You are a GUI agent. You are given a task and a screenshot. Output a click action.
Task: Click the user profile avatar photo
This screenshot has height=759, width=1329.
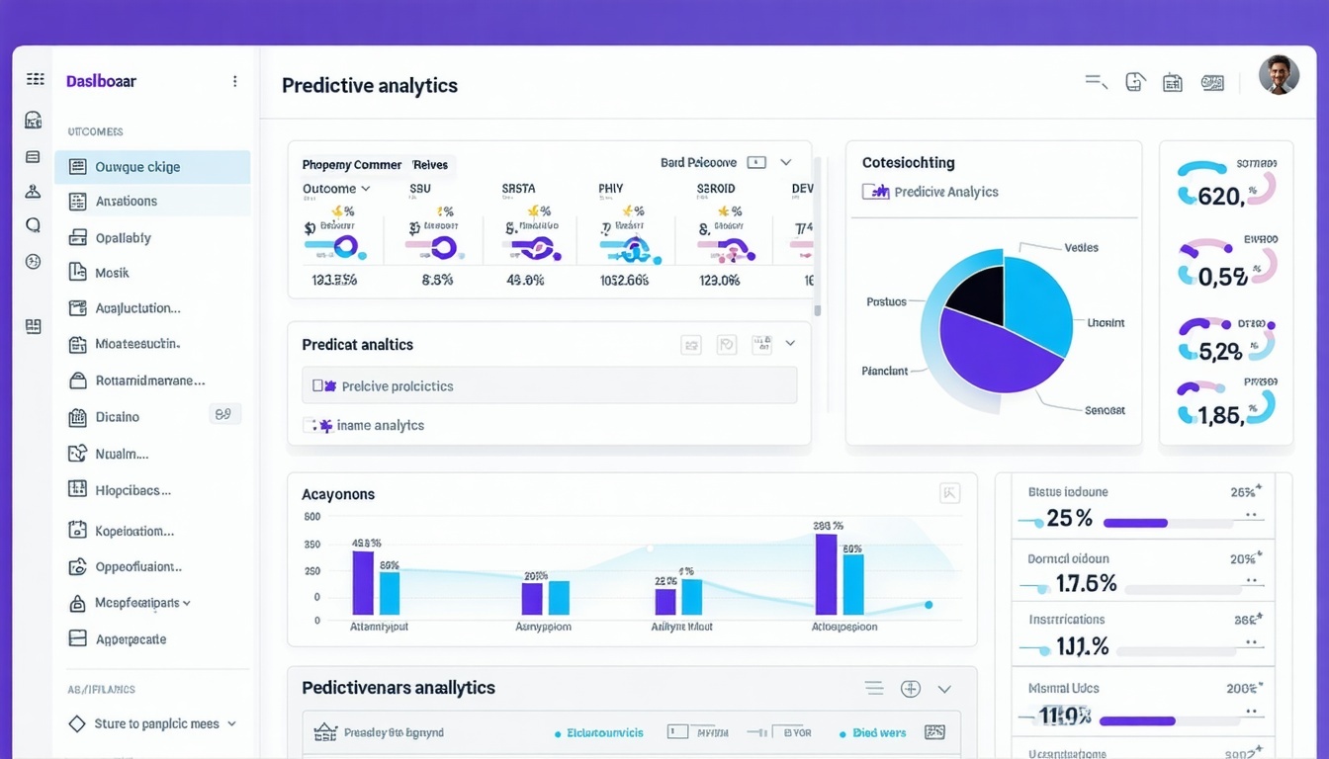click(x=1279, y=75)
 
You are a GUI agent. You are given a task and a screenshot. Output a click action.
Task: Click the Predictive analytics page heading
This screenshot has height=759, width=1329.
click(x=369, y=86)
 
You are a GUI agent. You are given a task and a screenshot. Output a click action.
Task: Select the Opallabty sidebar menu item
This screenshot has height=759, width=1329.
click(x=123, y=238)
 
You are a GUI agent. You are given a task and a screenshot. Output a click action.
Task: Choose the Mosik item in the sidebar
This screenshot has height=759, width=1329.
click(x=112, y=273)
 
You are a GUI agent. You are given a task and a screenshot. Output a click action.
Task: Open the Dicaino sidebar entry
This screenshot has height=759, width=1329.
click(x=117, y=417)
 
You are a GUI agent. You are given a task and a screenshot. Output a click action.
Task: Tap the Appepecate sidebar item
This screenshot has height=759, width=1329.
click(x=131, y=639)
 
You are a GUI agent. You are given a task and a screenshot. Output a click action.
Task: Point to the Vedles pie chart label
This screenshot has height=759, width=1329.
click(x=1081, y=248)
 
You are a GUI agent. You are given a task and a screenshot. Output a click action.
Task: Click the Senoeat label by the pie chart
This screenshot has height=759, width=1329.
click(x=1105, y=410)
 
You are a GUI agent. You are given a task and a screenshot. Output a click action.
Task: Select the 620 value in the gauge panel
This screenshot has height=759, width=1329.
click(x=1219, y=197)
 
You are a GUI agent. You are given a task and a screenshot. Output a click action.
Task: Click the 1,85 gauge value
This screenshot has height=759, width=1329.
click(x=1219, y=416)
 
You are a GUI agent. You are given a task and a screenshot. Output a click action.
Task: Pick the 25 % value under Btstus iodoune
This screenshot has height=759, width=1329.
click(x=1069, y=519)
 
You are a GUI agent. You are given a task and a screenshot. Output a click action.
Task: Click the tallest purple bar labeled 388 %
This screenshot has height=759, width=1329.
click(x=826, y=574)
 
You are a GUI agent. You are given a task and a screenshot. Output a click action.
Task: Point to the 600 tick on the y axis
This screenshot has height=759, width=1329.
click(x=312, y=517)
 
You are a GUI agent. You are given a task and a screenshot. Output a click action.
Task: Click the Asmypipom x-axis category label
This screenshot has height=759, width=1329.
click(x=543, y=627)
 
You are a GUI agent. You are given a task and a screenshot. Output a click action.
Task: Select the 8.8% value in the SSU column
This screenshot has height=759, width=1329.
click(x=437, y=280)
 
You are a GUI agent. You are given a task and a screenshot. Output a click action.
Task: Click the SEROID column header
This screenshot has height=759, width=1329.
click(x=715, y=189)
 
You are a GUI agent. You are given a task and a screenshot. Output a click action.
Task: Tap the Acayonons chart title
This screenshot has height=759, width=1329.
click(x=338, y=494)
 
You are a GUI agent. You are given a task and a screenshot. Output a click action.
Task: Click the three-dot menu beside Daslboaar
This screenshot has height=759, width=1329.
click(x=234, y=81)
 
